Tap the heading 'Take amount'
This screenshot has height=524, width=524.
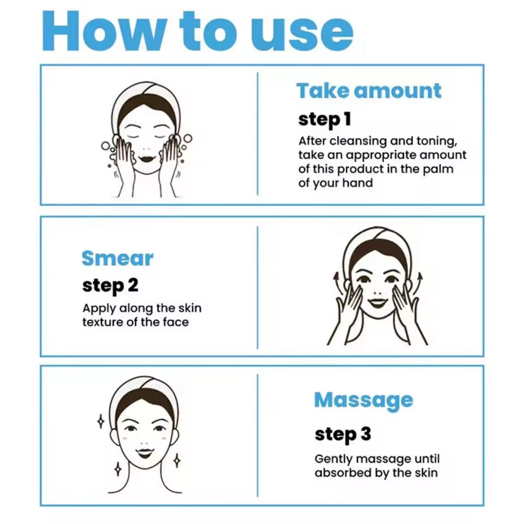[369, 91]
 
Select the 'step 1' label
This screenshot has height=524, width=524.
[324, 120]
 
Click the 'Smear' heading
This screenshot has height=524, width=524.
[117, 258]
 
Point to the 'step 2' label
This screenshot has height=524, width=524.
[110, 286]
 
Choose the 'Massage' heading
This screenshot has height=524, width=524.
[364, 401]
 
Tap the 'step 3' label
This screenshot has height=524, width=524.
[343, 434]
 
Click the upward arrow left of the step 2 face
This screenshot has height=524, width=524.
[338, 282]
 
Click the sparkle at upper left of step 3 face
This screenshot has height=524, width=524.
[100, 421]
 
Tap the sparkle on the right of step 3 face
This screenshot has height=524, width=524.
[177, 461]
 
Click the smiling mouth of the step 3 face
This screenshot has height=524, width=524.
[145, 453]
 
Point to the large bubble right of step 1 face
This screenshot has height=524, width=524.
[188, 138]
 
